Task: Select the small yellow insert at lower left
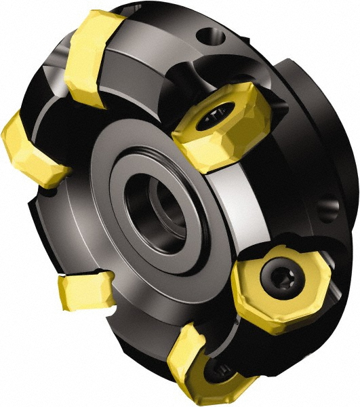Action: [85, 289]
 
